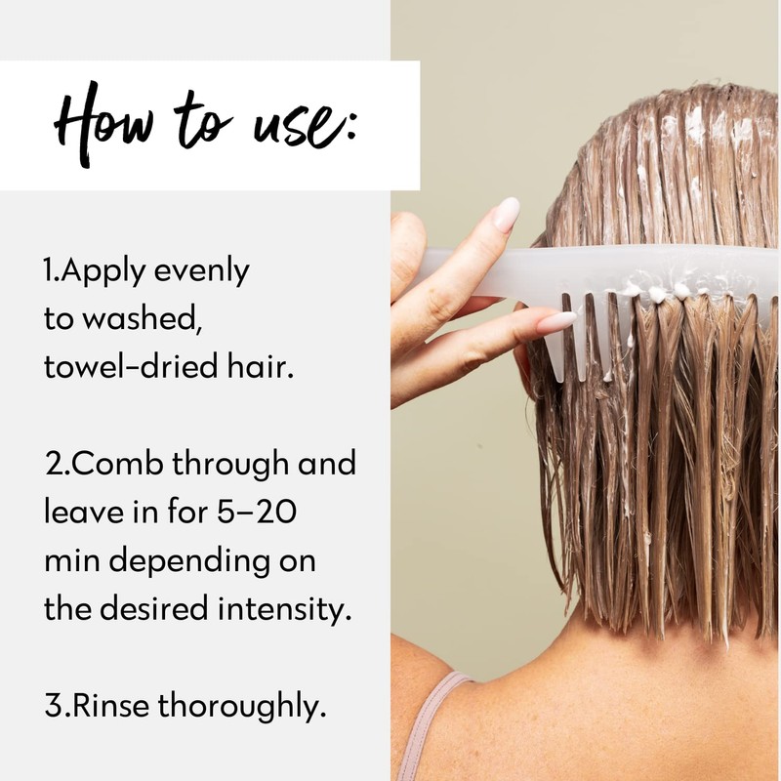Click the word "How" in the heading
(x=107, y=126)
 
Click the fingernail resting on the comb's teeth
(x=556, y=321)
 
